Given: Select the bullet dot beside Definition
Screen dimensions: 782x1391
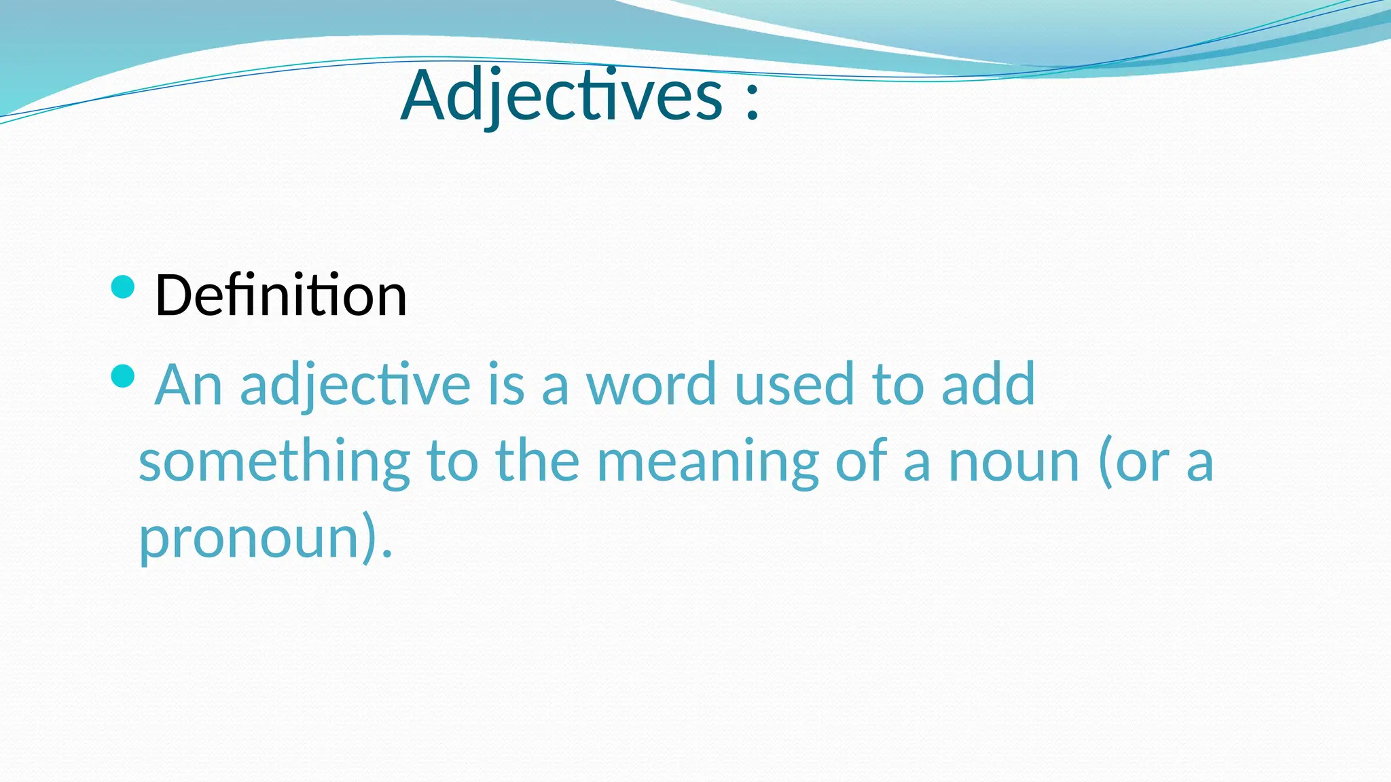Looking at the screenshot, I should tap(122, 287).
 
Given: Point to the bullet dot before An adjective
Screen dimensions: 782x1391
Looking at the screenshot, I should tap(122, 375).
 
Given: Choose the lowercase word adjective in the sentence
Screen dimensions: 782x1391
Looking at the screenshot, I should tap(355, 386).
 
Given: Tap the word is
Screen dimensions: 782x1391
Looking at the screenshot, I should tap(506, 384).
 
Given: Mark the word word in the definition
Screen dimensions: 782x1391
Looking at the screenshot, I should tap(651, 384).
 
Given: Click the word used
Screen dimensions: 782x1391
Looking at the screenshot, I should tap(794, 384).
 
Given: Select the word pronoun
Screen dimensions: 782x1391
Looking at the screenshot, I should tap(249, 538).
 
